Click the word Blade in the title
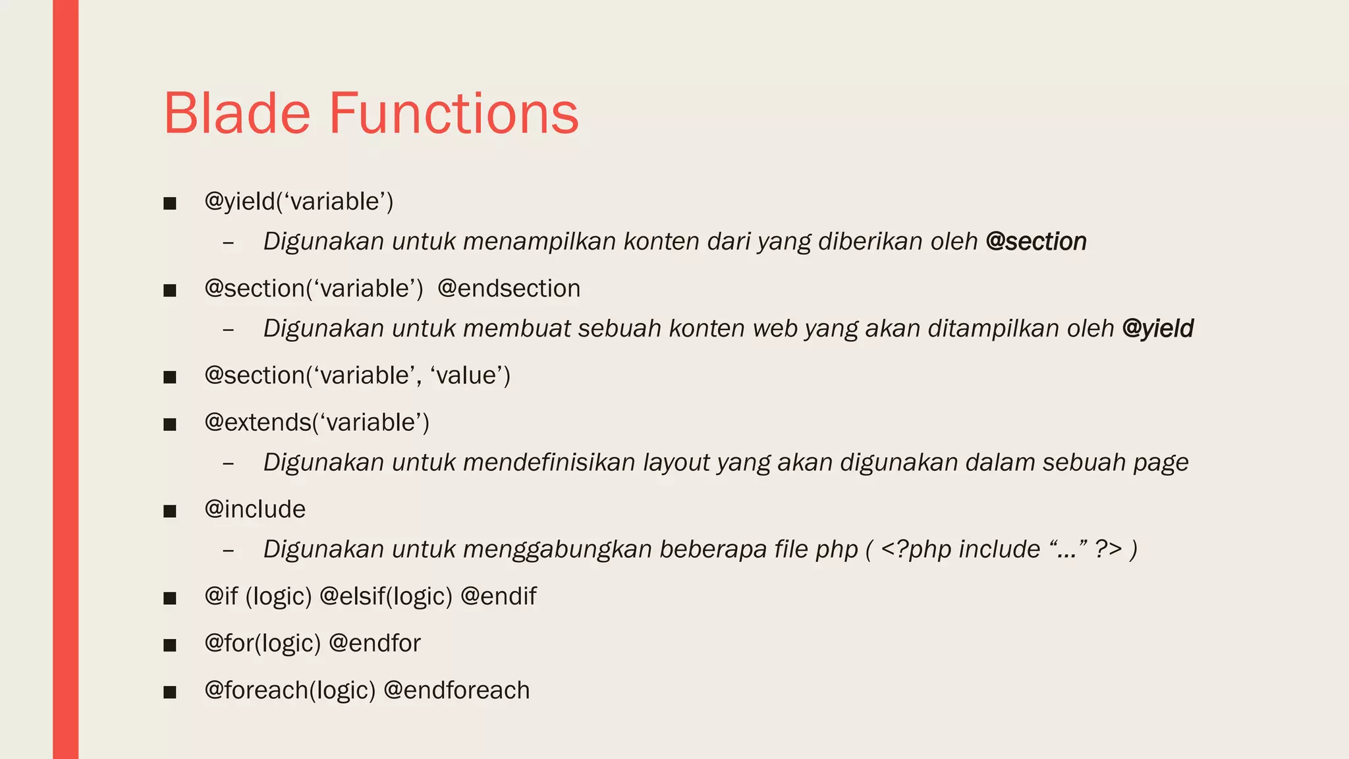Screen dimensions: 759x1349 236,113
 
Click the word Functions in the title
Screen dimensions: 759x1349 453,113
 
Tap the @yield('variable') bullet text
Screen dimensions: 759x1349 298,202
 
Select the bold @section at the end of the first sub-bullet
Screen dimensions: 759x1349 1035,242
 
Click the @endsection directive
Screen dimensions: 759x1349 509,289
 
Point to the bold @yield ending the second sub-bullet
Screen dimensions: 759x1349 1157,328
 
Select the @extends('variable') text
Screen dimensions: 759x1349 316,422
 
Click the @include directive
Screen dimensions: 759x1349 255,509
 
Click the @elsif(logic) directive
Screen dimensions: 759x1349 386,596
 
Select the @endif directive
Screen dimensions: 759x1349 499,596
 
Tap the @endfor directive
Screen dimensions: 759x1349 374,643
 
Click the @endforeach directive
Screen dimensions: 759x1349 456,690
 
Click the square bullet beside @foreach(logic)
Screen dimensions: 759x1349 170,692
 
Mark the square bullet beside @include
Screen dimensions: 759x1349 170,511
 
